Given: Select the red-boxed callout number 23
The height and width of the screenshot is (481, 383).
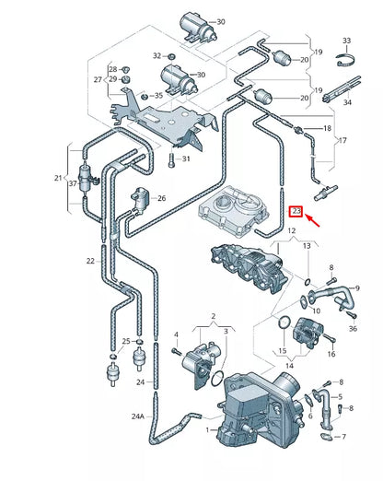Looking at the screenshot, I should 296,211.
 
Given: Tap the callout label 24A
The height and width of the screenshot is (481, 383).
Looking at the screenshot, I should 137,416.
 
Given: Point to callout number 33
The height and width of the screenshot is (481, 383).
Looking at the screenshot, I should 346,41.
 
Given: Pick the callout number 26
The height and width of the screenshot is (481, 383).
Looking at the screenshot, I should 161,198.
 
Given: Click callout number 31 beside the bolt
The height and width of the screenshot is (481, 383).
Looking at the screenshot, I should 185,159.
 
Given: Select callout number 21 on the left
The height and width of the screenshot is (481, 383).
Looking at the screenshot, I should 59,177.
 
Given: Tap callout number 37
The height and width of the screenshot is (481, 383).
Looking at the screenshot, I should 72,184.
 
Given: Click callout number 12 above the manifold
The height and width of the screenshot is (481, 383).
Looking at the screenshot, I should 292,231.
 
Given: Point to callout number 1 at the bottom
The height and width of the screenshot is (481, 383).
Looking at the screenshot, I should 209,428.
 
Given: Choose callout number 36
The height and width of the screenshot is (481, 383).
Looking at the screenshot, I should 353,328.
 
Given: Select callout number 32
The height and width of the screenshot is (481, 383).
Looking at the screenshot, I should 157,55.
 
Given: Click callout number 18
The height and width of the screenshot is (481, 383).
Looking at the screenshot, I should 327,128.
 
